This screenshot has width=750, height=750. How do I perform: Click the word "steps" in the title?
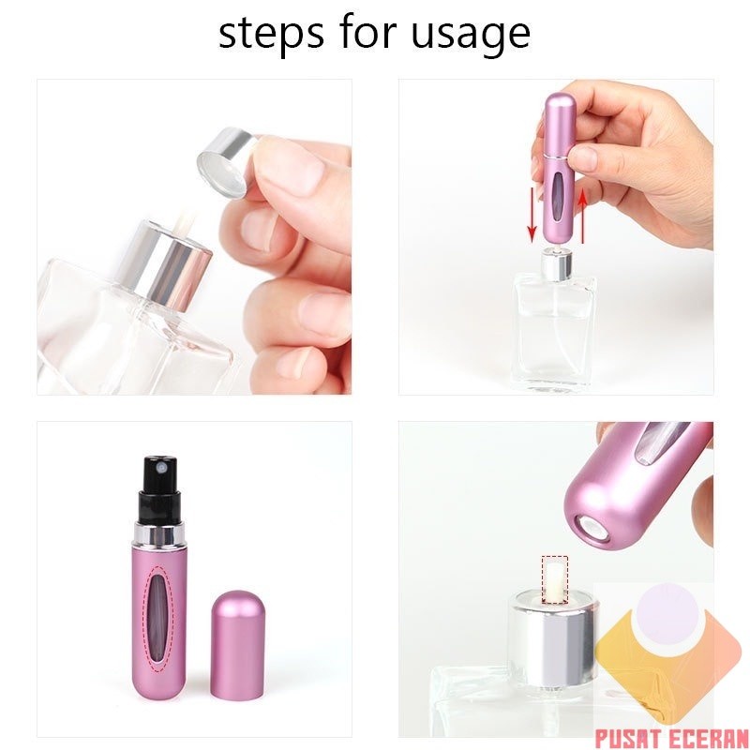(x=265, y=34)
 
